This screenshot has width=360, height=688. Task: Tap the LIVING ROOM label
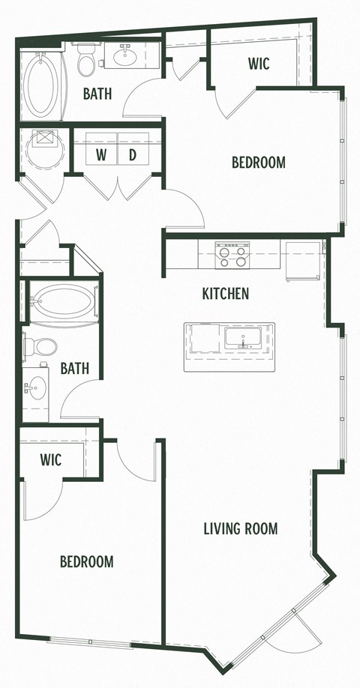[x=241, y=529]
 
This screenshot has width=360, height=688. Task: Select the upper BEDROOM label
[x=258, y=162]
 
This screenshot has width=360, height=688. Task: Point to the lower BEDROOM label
[x=87, y=561]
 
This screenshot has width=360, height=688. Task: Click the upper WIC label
[x=259, y=64]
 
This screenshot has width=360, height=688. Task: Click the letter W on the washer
[x=100, y=155]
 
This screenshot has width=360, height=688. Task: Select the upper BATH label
[x=97, y=94]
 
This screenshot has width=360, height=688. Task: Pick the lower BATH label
[x=75, y=368]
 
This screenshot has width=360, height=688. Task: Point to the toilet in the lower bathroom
[x=42, y=347]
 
